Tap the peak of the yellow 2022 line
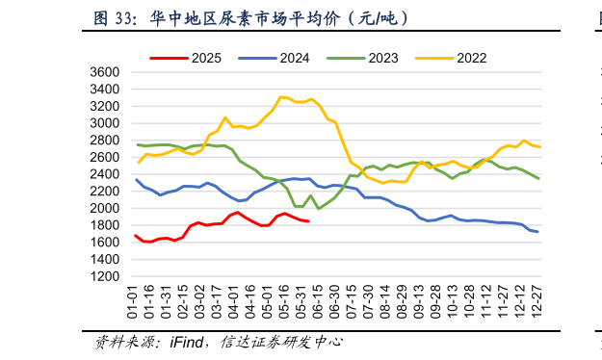point(280,96)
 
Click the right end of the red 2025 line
point(307,221)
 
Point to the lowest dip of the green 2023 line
point(319,208)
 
